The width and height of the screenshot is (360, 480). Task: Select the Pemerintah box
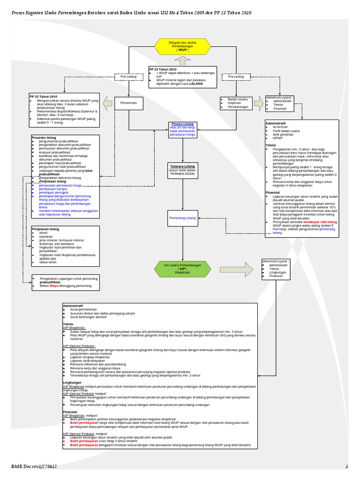click(128, 102)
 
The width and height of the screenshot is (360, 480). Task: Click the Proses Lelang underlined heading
click(182, 124)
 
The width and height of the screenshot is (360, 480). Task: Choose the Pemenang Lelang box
click(182, 218)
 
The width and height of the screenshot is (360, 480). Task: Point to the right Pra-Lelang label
click(235, 76)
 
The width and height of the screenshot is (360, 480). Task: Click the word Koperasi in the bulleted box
click(235, 104)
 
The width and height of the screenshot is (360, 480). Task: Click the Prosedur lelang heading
click(45, 137)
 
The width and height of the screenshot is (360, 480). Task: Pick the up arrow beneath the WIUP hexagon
click(182, 60)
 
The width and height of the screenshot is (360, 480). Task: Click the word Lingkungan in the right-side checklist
click(278, 272)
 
